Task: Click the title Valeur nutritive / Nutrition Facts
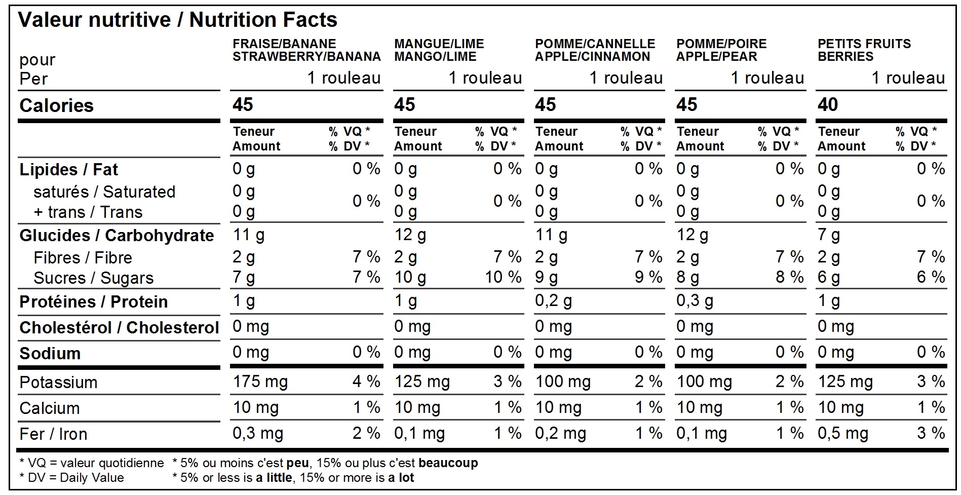click(177, 20)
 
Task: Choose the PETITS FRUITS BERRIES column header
click(864, 50)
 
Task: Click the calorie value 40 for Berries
click(827, 105)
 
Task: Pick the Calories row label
click(56, 105)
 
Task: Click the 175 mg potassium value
click(260, 382)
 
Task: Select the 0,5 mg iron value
click(842, 433)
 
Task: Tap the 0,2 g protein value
click(553, 301)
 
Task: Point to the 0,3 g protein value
click(695, 301)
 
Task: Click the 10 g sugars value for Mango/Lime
click(410, 278)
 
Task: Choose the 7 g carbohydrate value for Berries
click(828, 235)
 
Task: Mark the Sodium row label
click(50, 353)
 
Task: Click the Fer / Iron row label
click(53, 434)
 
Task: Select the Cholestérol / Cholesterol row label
click(119, 327)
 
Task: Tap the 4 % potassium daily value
click(366, 382)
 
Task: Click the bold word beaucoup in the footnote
click(448, 463)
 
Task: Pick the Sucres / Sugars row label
click(93, 278)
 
